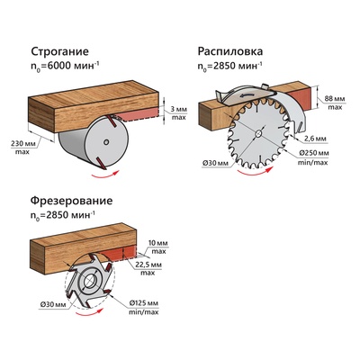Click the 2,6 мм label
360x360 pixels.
point(314,139)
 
